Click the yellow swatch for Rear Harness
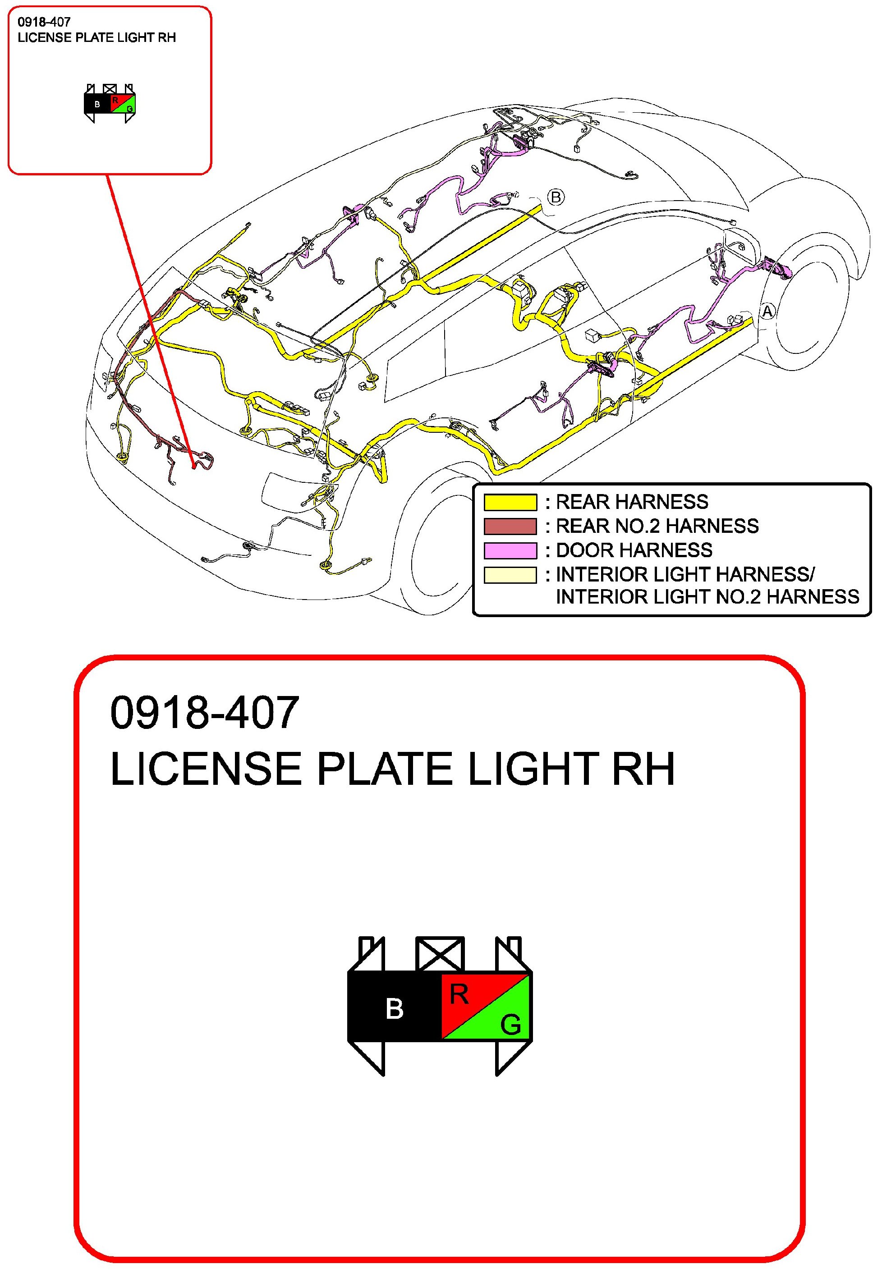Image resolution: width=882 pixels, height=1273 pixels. click(x=510, y=502)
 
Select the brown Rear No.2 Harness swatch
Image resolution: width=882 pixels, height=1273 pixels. click(x=510, y=526)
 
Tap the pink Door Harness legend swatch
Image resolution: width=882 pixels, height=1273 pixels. click(x=510, y=550)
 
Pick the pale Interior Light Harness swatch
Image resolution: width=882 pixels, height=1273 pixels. click(x=510, y=575)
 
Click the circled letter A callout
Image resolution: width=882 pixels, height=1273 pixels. click(x=767, y=311)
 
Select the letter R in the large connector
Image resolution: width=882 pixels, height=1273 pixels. click(x=459, y=994)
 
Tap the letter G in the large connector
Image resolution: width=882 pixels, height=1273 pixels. click(x=510, y=1025)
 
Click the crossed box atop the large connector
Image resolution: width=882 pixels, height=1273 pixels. click(x=440, y=954)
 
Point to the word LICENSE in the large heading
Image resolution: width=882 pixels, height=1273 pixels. click(x=206, y=769)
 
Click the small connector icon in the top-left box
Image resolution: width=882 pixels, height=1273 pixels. click(x=110, y=103)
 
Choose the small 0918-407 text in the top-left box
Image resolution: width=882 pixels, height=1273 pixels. click(x=44, y=22)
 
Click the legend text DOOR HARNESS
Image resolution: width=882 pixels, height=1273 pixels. click(x=634, y=550)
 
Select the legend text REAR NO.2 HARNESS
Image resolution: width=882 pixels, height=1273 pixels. click(x=657, y=526)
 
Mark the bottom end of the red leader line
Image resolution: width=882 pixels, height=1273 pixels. click(x=194, y=467)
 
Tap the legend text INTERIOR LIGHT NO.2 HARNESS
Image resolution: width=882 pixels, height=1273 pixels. click(x=707, y=597)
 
